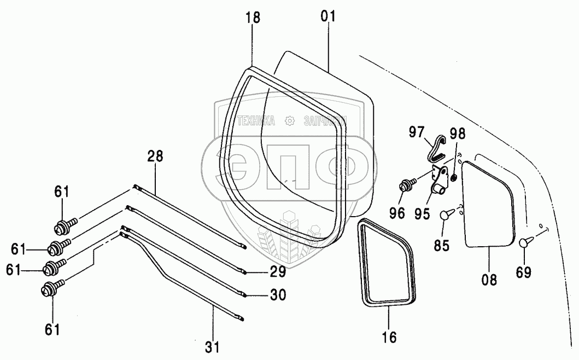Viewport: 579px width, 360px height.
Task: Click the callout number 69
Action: (x=523, y=272)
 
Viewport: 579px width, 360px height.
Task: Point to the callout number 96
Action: (x=397, y=213)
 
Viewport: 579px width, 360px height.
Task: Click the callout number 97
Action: (x=417, y=132)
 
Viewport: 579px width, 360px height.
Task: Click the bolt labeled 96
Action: (x=407, y=186)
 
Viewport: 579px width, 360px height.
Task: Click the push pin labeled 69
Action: (x=525, y=241)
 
